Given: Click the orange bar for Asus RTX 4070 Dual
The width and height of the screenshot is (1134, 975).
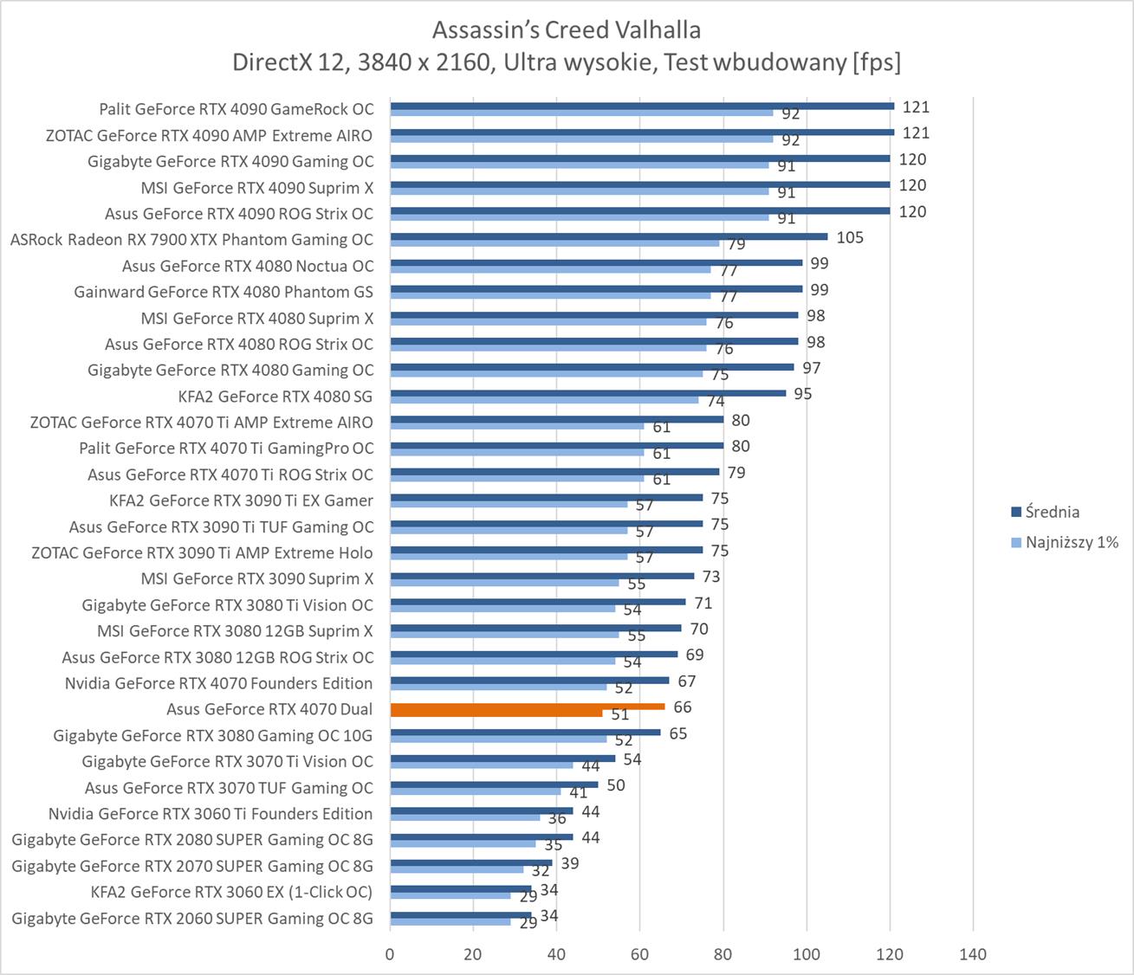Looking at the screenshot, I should click(527, 707).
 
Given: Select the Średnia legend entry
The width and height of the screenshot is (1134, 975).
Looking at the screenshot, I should click(1052, 512).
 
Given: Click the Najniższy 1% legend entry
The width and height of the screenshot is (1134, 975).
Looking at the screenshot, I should click(1072, 543).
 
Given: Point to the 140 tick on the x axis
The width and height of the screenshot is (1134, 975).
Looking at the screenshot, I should click(973, 954).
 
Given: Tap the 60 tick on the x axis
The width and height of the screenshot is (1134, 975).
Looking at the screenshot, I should click(639, 954).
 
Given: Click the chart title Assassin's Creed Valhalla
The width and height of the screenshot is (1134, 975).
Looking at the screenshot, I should click(567, 30).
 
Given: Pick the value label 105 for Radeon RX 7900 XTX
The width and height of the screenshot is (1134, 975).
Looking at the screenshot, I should click(850, 237).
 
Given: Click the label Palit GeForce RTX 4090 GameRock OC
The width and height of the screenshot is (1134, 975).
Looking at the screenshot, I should click(236, 109).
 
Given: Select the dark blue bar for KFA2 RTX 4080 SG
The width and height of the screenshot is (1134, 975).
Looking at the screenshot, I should click(587, 393).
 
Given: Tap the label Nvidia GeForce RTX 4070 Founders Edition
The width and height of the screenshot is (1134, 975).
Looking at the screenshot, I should click(218, 683).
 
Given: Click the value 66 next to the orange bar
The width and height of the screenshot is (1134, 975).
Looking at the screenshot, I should click(683, 707).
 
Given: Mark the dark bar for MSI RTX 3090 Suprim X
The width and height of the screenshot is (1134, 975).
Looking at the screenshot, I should click(541, 576).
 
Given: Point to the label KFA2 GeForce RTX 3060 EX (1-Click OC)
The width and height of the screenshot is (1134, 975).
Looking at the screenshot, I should click(231, 892).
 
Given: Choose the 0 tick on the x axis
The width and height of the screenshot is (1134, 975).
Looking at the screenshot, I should click(390, 954).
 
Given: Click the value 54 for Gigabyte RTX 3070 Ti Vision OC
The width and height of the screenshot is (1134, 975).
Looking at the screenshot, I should click(632, 759).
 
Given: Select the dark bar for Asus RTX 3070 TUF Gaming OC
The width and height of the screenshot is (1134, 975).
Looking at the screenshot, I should click(494, 785).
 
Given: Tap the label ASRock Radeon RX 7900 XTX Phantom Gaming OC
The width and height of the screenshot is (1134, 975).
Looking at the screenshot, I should click(191, 240).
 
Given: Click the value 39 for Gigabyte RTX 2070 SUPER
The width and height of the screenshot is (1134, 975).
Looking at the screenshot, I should click(570, 863).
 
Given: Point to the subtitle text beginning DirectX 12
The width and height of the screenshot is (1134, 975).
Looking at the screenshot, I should click(567, 62).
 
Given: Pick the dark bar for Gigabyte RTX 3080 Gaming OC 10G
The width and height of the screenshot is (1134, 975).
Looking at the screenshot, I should click(525, 733).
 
